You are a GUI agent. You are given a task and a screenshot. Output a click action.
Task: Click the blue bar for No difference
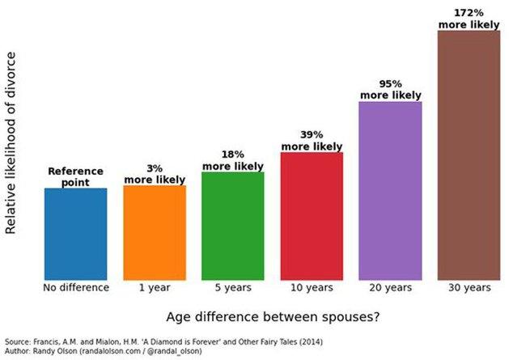pos(76,234)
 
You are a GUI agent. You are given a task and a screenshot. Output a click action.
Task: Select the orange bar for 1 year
pos(155,232)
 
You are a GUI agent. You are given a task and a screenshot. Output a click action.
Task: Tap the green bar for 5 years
pos(233,226)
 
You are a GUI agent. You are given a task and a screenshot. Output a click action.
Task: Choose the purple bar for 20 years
pos(390,190)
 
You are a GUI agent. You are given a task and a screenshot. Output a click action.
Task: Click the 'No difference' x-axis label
pos(76,288)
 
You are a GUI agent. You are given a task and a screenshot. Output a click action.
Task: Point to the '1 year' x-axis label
pos(155,288)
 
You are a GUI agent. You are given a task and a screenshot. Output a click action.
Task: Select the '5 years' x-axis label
pos(233,288)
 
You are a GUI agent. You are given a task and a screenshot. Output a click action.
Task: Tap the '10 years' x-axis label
pos(312,288)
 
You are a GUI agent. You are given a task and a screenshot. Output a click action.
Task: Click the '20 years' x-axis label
pos(390,288)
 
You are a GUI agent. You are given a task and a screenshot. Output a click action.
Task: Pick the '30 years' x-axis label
pos(468,288)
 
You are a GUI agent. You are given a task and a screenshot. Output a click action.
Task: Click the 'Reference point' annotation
pos(76,176)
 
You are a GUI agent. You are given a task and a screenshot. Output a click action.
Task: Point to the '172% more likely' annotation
pos(468,19)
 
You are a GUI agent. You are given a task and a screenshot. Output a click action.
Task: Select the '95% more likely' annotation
pos(390,89)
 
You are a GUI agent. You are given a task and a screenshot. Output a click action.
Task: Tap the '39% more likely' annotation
pos(312,140)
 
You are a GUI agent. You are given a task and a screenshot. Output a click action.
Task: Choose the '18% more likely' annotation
pos(233,160)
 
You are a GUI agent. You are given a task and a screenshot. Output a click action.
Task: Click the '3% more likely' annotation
pos(155,173)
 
